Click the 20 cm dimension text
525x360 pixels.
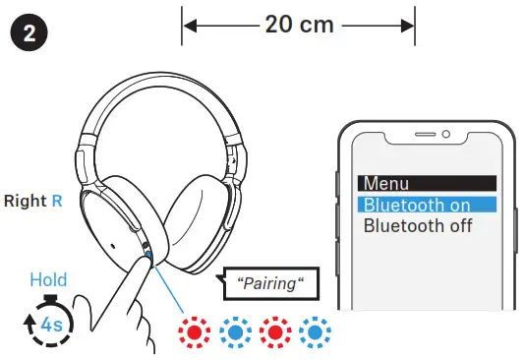299,24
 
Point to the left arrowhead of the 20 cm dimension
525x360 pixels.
189,24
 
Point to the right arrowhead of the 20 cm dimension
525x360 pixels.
409,24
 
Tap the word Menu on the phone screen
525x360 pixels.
385,183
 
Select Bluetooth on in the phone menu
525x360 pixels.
416,205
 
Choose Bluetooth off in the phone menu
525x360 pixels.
418,225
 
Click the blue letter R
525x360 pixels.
57,202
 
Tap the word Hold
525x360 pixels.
48,279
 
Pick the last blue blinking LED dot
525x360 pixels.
315,330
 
